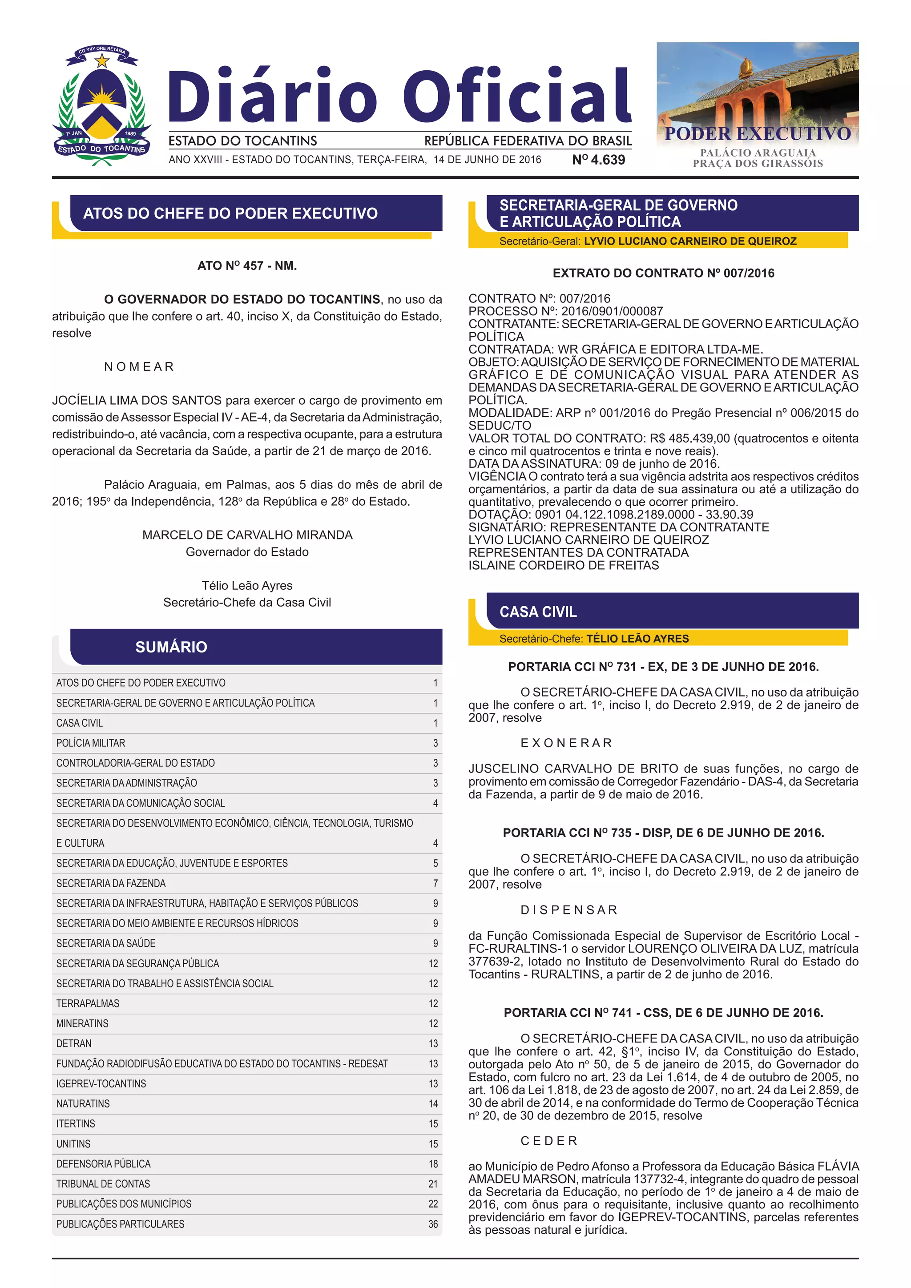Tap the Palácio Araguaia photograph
(x=757, y=93)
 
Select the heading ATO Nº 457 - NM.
(x=247, y=266)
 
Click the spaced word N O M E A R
(x=139, y=367)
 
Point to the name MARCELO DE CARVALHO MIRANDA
(x=247, y=535)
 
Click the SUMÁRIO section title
(x=171, y=648)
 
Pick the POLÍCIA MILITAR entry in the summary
(x=91, y=743)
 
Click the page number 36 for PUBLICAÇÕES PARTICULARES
(x=433, y=1224)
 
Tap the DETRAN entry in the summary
(x=74, y=1043)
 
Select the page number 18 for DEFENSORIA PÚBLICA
(x=433, y=1164)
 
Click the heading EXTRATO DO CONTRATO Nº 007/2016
(x=663, y=273)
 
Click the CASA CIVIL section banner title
(x=538, y=612)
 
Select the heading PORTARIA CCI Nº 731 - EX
(x=663, y=667)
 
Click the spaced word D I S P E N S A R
(x=569, y=910)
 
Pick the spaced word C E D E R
(x=548, y=1141)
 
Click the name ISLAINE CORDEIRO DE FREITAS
(x=564, y=565)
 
